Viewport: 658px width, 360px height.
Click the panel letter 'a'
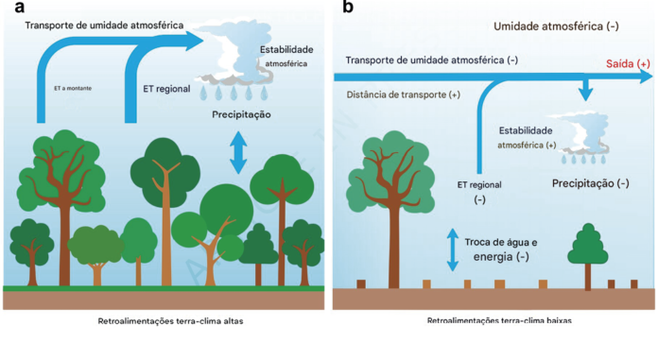point(18,9)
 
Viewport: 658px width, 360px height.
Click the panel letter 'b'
point(348,8)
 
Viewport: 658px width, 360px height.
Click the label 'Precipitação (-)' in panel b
point(591,182)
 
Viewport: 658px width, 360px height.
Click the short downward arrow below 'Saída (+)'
point(587,90)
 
